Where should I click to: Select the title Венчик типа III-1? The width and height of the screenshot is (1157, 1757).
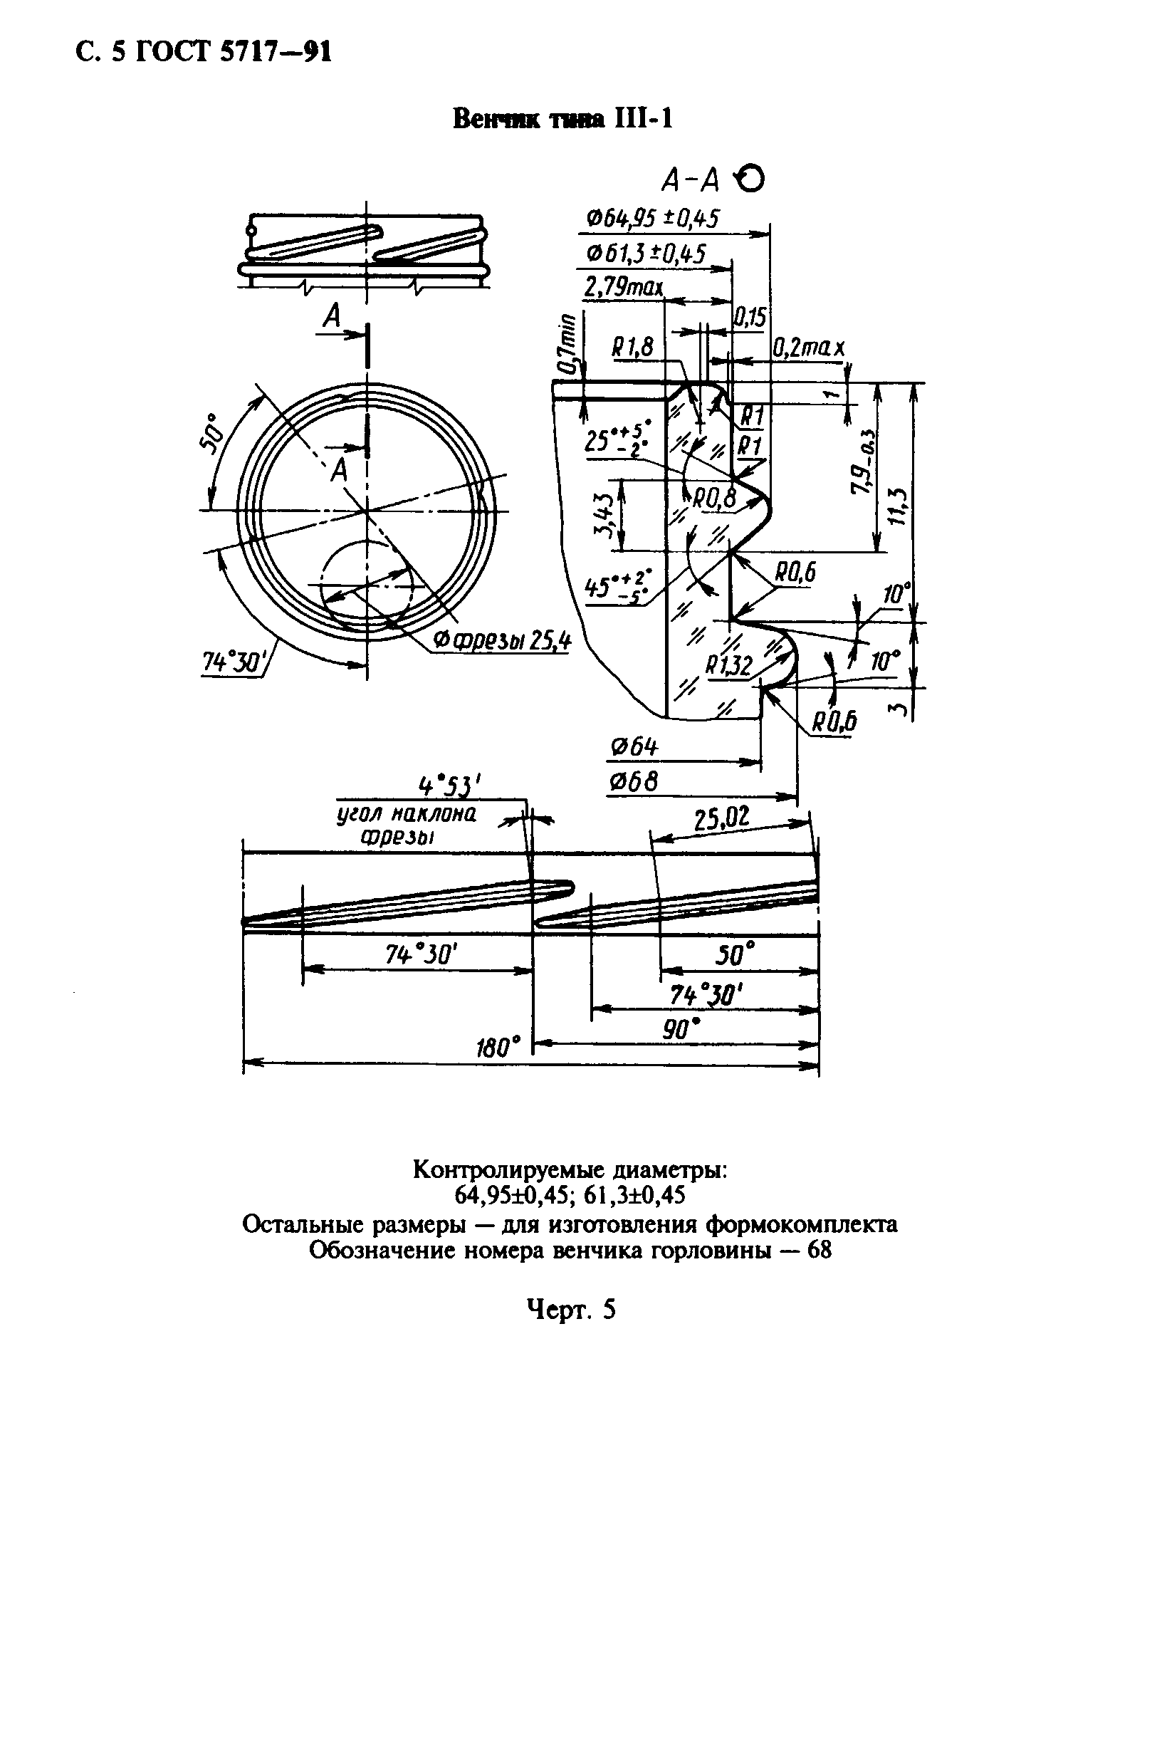click(562, 119)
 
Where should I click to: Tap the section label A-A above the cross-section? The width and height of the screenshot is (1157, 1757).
click(691, 179)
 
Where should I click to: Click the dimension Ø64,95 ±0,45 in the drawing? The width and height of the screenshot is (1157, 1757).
click(651, 219)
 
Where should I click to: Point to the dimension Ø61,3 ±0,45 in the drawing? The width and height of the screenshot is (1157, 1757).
click(646, 254)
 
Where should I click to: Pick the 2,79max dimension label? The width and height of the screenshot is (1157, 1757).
click(623, 287)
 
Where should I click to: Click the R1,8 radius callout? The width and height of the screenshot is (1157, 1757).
click(632, 348)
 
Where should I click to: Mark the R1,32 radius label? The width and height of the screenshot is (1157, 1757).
click(728, 666)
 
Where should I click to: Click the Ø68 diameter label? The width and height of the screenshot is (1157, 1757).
click(632, 782)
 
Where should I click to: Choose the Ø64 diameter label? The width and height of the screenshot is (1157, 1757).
click(633, 748)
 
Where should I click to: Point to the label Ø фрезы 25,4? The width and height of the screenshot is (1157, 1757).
click(502, 642)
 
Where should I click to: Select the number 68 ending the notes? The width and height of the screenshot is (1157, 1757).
click(819, 1251)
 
